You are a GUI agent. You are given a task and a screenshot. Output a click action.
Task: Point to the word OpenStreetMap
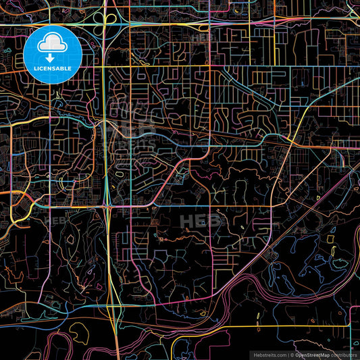pyautogui.click(x=313, y=355)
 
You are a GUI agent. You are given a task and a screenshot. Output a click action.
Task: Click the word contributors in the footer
pyautogui.click(x=344, y=355)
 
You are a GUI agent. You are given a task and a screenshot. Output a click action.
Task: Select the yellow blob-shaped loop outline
pyautogui.click(x=80, y=332)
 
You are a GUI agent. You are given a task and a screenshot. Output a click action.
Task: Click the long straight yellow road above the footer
pyautogui.click(x=203, y=327)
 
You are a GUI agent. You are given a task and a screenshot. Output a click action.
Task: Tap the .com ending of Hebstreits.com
pyautogui.click(x=282, y=355)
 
